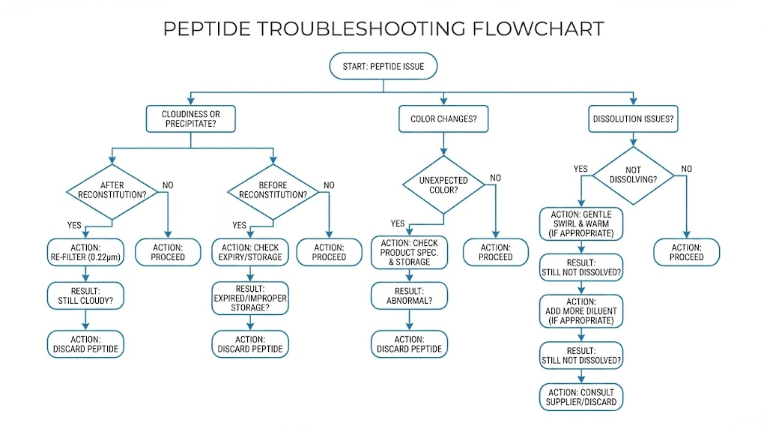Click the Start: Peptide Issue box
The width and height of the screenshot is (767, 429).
383,67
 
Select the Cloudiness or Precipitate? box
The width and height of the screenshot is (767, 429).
191,118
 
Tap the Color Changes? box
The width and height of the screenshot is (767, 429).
443,118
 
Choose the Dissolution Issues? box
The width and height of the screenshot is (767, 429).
634,118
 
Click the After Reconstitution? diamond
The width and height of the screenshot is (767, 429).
112,189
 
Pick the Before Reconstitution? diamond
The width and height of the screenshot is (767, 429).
273,189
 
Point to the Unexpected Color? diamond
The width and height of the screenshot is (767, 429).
443,184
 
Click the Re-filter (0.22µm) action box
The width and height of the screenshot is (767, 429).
85,252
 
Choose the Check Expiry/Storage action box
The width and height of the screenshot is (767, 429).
250,252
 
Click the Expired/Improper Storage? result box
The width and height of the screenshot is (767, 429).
250,297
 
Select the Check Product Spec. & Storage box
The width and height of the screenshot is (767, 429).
410,252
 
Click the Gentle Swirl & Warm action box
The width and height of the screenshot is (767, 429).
581,223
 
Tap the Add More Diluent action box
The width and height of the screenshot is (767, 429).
581,310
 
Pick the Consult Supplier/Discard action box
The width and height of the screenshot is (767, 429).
581,397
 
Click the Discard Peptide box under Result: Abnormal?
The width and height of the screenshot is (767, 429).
410,344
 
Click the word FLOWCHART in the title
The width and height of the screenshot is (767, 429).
538,28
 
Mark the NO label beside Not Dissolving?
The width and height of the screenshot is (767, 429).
687,169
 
